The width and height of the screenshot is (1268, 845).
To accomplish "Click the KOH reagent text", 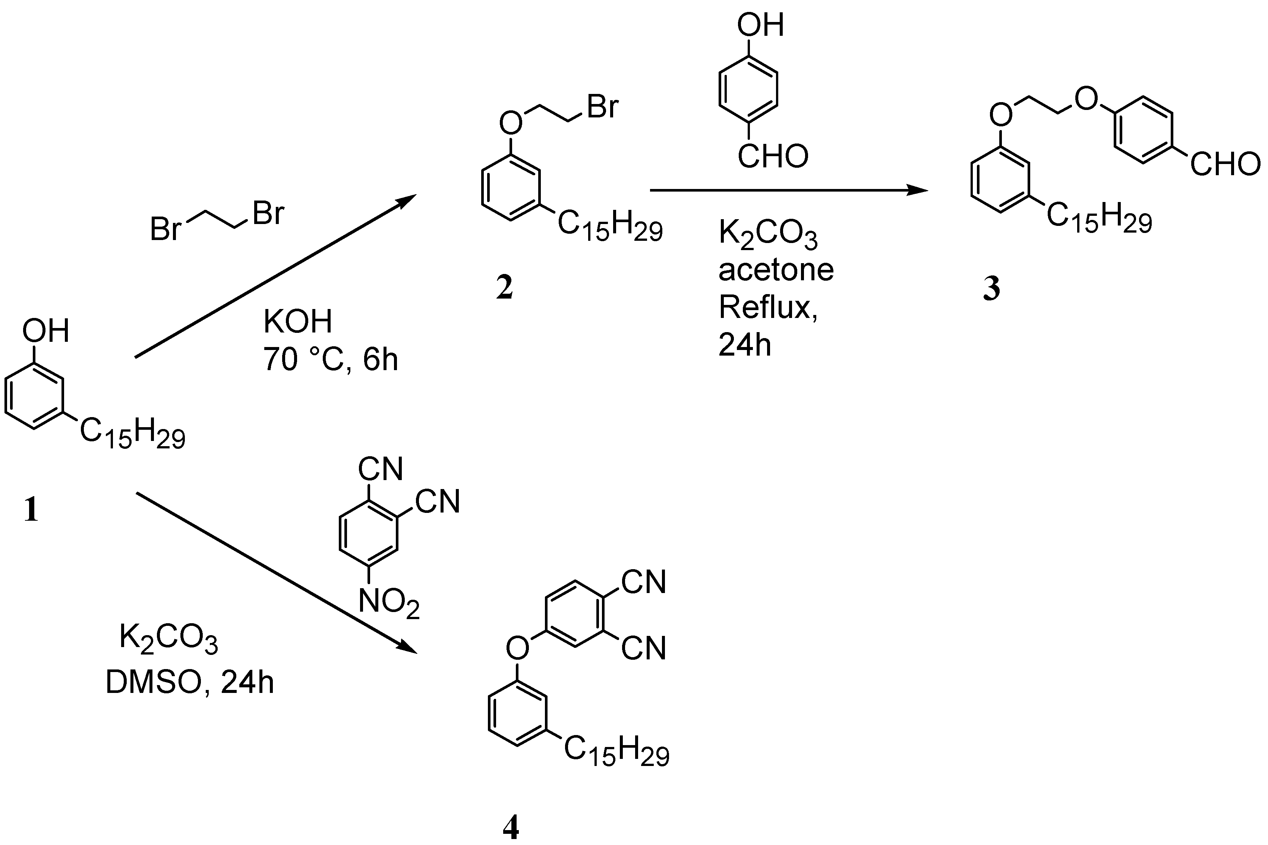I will (297, 322).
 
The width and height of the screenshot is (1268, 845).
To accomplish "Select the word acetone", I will (776, 270).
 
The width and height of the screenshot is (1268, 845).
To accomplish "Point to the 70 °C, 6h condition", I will (330, 359).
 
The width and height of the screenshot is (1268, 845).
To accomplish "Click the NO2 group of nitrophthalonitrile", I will (388, 602).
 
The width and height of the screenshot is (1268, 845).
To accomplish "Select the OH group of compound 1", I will (46, 330).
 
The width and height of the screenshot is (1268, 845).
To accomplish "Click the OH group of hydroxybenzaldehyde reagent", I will (760, 25).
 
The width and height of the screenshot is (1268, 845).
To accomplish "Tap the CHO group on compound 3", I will (1225, 164).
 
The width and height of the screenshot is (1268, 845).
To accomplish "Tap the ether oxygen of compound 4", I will (517, 648).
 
